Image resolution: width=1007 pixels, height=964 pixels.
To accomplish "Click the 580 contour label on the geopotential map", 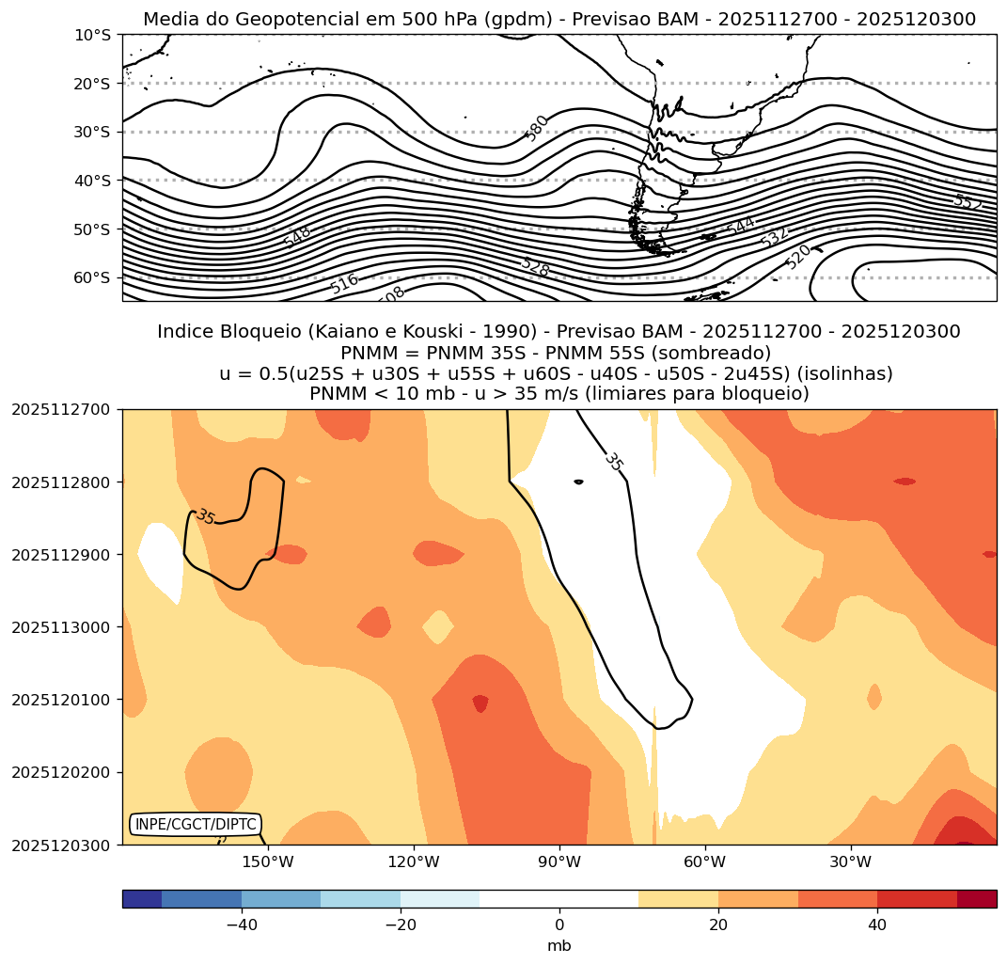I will click(x=537, y=128).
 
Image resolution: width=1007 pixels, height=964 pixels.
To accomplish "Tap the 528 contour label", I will click(x=534, y=266).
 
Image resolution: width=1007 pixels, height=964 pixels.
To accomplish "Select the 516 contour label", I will click(x=344, y=282).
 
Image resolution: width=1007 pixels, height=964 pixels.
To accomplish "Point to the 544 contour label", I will click(x=740, y=227).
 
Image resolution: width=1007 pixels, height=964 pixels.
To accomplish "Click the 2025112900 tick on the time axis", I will click(x=60, y=555).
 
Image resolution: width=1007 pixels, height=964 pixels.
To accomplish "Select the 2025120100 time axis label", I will click(x=60, y=700).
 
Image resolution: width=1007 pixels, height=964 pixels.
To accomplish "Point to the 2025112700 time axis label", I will click(x=60, y=409).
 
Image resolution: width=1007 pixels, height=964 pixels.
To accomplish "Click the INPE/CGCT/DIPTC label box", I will click(x=195, y=825).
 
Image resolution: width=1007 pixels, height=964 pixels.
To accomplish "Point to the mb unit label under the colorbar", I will click(x=559, y=945).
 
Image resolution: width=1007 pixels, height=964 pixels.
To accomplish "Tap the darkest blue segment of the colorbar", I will click(x=142, y=899).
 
